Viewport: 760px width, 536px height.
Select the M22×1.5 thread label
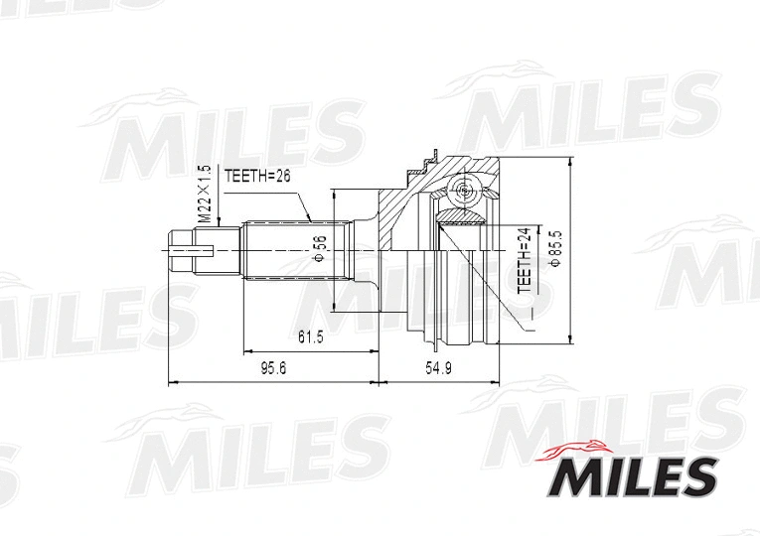[x=203, y=194]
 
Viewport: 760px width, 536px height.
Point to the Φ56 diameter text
[x=319, y=249]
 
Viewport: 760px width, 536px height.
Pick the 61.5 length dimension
[x=309, y=337]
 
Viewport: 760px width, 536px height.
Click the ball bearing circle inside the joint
[x=465, y=192]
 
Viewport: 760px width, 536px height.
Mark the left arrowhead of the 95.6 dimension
[x=171, y=380]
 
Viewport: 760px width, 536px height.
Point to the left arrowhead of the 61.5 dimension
[x=243, y=350]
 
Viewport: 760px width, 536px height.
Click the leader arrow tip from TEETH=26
[x=312, y=219]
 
